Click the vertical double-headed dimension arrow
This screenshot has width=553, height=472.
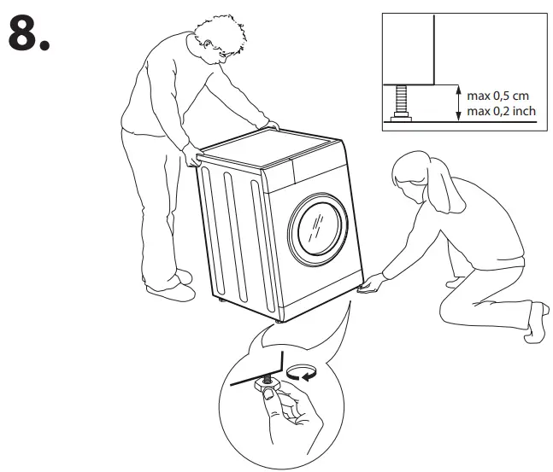(x=460, y=102)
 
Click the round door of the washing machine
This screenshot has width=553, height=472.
(x=320, y=227)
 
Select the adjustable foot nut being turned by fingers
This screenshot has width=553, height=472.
(x=266, y=388)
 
